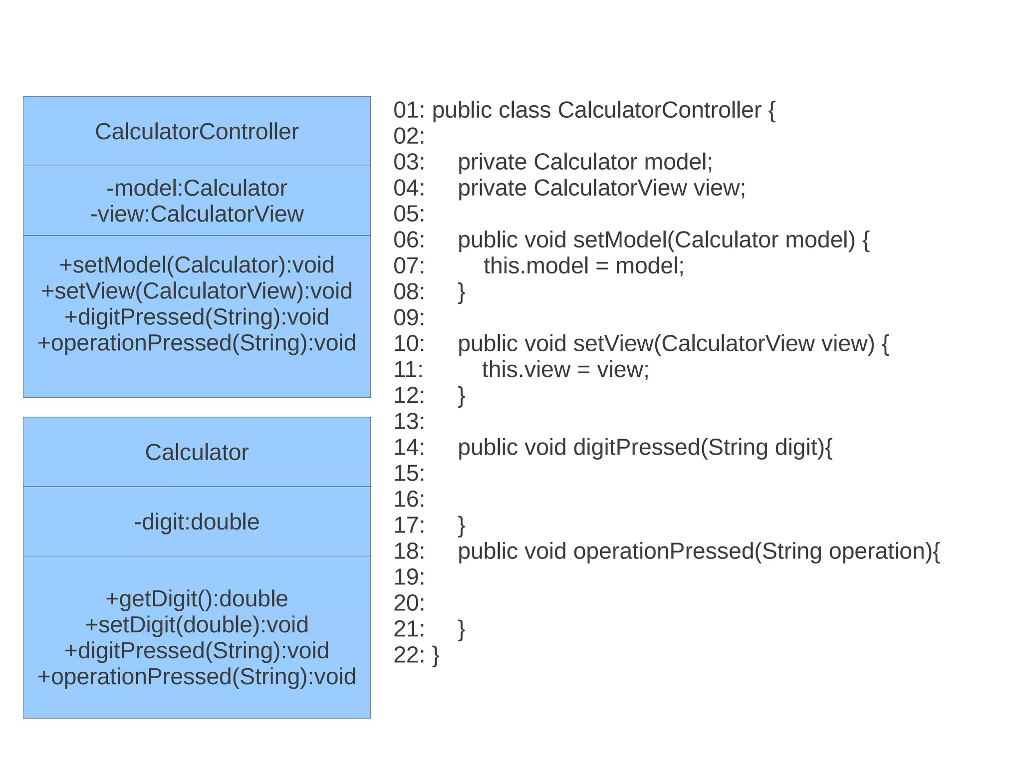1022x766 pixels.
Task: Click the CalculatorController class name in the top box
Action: point(197,132)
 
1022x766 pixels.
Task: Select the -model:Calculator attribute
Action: point(197,189)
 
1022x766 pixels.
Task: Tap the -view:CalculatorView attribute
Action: point(197,215)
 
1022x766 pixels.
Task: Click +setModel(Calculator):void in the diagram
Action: point(197,265)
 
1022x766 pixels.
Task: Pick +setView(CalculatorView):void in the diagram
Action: point(197,291)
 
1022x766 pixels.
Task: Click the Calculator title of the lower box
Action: point(197,453)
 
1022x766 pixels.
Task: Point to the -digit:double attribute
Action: point(197,522)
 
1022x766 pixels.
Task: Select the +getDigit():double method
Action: point(197,599)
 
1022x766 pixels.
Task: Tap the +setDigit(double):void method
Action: point(197,625)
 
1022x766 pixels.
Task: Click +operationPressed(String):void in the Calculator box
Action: point(197,677)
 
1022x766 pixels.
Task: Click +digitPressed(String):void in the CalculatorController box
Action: point(197,317)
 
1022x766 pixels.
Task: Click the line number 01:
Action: point(409,110)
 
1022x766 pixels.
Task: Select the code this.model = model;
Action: point(583,266)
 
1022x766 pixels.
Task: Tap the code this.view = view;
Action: point(565,370)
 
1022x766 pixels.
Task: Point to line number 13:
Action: point(409,422)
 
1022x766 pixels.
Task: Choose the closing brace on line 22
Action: point(436,655)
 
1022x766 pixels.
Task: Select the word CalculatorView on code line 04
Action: point(610,188)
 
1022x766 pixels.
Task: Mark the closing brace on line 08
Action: point(462,292)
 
